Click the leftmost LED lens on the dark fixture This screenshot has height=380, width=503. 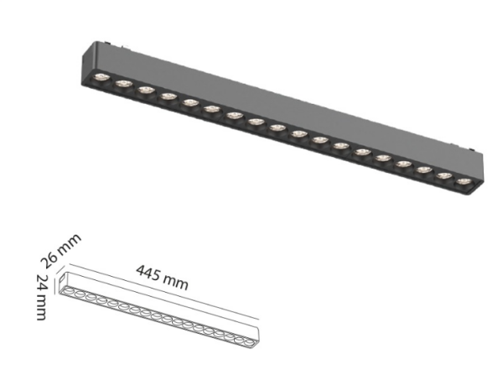101,77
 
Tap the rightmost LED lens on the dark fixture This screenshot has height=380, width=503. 462,179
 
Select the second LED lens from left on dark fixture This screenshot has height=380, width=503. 122,83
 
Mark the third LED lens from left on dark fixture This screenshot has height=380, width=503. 144,89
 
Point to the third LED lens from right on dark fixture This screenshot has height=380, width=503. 421,167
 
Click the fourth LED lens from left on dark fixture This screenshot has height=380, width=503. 167,95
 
